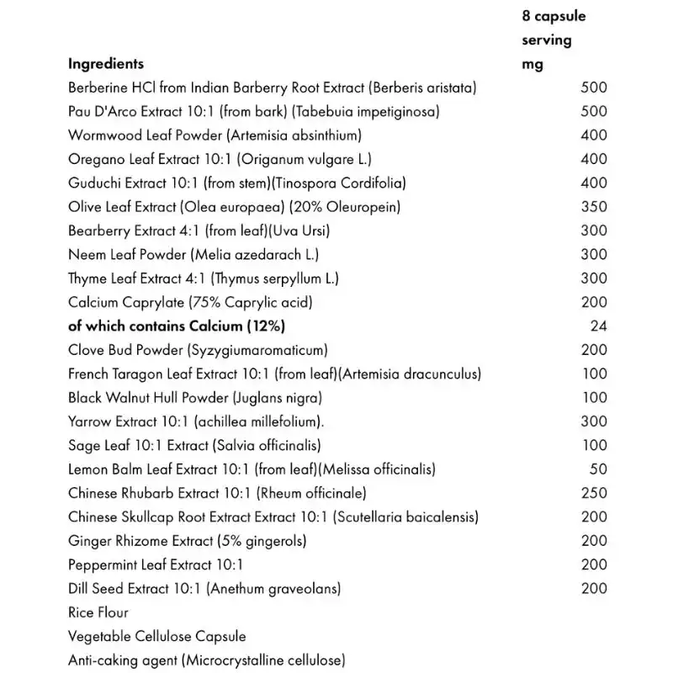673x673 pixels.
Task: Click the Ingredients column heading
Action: coord(106,64)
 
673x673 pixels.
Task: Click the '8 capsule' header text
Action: coord(554,16)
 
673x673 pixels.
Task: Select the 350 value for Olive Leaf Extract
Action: coord(593,206)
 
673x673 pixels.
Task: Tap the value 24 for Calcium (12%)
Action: coord(598,326)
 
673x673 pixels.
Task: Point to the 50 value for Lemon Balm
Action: coord(598,469)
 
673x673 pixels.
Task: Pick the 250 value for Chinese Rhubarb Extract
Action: coord(593,493)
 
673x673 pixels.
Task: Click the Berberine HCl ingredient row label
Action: coord(273,87)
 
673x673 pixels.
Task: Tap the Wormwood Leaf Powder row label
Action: coord(215,135)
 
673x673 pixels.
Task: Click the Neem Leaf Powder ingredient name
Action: coord(193,254)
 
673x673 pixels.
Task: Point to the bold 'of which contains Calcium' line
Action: coord(182,326)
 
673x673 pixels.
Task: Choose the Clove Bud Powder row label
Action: coord(198,350)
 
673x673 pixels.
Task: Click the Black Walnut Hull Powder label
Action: coord(195,397)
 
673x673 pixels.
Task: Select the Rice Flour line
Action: coord(98,612)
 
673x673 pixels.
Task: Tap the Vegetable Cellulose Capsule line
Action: coord(156,637)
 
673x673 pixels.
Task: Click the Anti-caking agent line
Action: coord(206,660)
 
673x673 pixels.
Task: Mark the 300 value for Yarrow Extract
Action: coord(593,421)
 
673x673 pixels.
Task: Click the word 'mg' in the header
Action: coord(533,64)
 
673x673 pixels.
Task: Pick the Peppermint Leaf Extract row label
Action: coord(156,564)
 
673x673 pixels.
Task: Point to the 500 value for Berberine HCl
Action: coord(593,87)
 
